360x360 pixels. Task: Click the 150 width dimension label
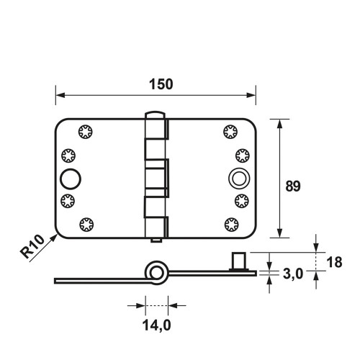(161, 84)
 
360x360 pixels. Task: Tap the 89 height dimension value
(293, 186)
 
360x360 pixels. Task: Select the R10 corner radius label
(32, 246)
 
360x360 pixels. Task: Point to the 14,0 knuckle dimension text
(156, 325)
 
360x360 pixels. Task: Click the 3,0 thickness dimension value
(293, 274)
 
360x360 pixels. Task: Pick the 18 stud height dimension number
(334, 262)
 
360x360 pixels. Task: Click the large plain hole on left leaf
(71, 179)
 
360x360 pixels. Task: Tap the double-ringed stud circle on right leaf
(239, 179)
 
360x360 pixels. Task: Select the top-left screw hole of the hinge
(86, 132)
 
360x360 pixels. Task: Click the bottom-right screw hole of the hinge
(232, 225)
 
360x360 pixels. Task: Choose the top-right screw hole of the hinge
(230, 132)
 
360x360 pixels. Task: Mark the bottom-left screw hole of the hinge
(86, 225)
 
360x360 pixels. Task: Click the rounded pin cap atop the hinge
(155, 114)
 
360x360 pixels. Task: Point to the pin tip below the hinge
(156, 240)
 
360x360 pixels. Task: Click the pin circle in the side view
(156, 273)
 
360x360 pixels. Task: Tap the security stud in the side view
(238, 261)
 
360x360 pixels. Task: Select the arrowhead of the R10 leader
(54, 238)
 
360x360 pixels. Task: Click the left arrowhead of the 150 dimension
(60, 95)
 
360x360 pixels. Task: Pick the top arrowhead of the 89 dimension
(279, 124)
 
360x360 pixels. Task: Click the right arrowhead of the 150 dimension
(251, 95)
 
